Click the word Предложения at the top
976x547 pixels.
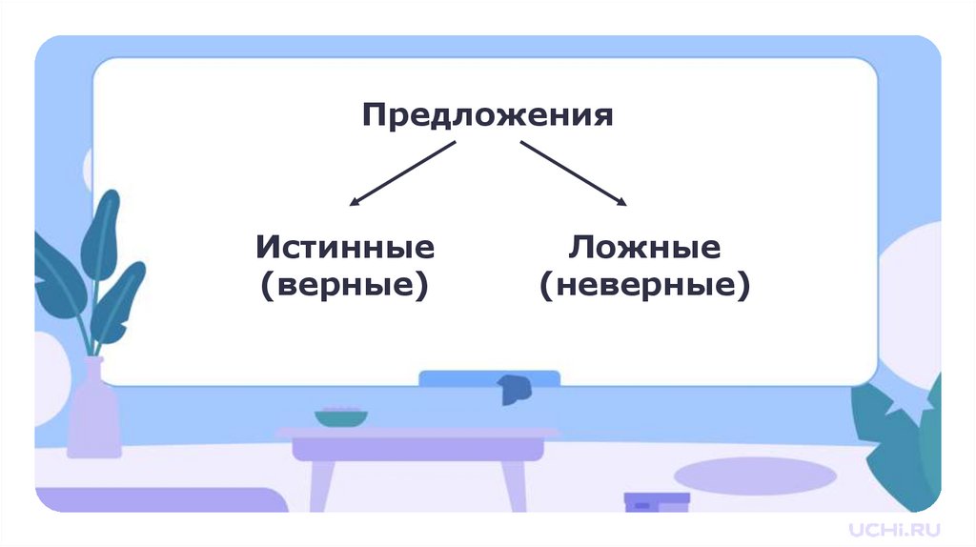(x=486, y=117)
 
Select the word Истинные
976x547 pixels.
(x=345, y=249)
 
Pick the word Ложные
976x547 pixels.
(x=644, y=249)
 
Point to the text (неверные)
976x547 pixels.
(x=644, y=284)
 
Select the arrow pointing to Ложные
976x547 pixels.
(x=573, y=173)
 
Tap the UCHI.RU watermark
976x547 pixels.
(x=895, y=527)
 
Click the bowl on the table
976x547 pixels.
(x=341, y=417)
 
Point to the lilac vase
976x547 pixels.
(x=94, y=410)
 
